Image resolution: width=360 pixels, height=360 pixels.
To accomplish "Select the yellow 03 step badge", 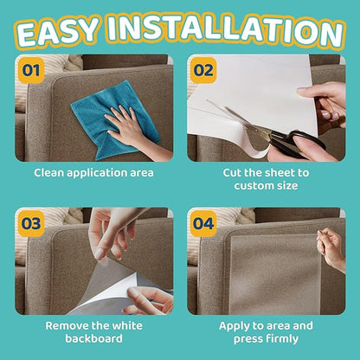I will [30, 223].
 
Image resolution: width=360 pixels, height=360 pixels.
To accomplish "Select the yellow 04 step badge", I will [203, 223].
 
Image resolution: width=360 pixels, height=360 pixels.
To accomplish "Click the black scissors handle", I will [304, 143].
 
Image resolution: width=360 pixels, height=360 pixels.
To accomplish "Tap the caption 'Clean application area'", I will [93, 172].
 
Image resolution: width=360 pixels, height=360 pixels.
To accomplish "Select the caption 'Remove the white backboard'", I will [93, 333].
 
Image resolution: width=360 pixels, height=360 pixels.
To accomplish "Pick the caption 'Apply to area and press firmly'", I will [267, 333].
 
